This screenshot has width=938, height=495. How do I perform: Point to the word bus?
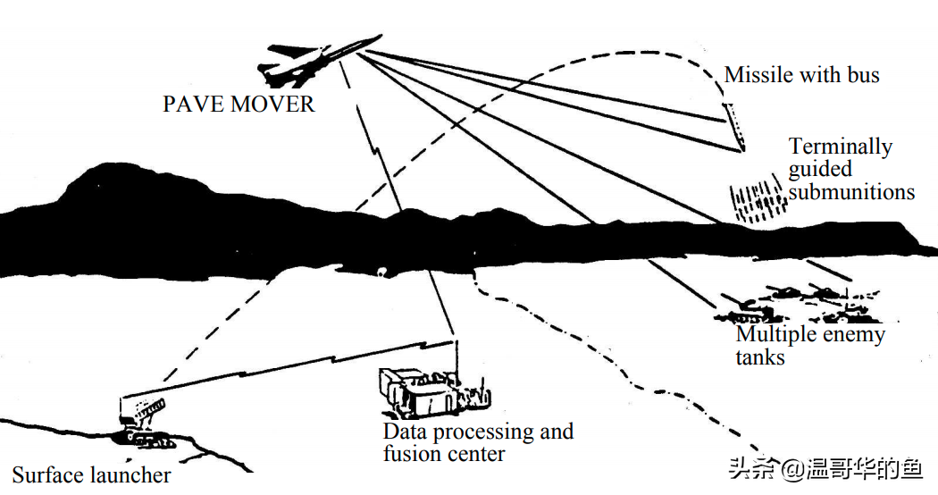tap(863, 75)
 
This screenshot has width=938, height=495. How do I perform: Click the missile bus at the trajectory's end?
tap(736, 126)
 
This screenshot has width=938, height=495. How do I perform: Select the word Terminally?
tap(841, 147)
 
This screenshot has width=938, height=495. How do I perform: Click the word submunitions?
tap(851, 191)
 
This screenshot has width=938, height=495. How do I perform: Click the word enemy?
tap(852, 335)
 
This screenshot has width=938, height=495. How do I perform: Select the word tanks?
tap(760, 357)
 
